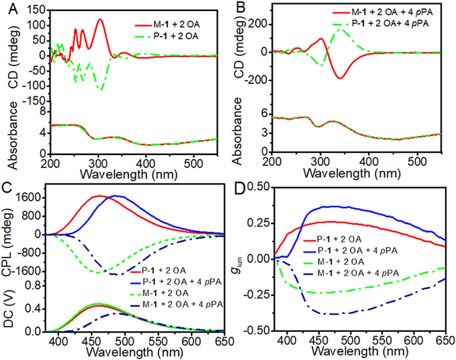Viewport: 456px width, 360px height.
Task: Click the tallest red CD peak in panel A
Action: (x=100, y=20)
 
